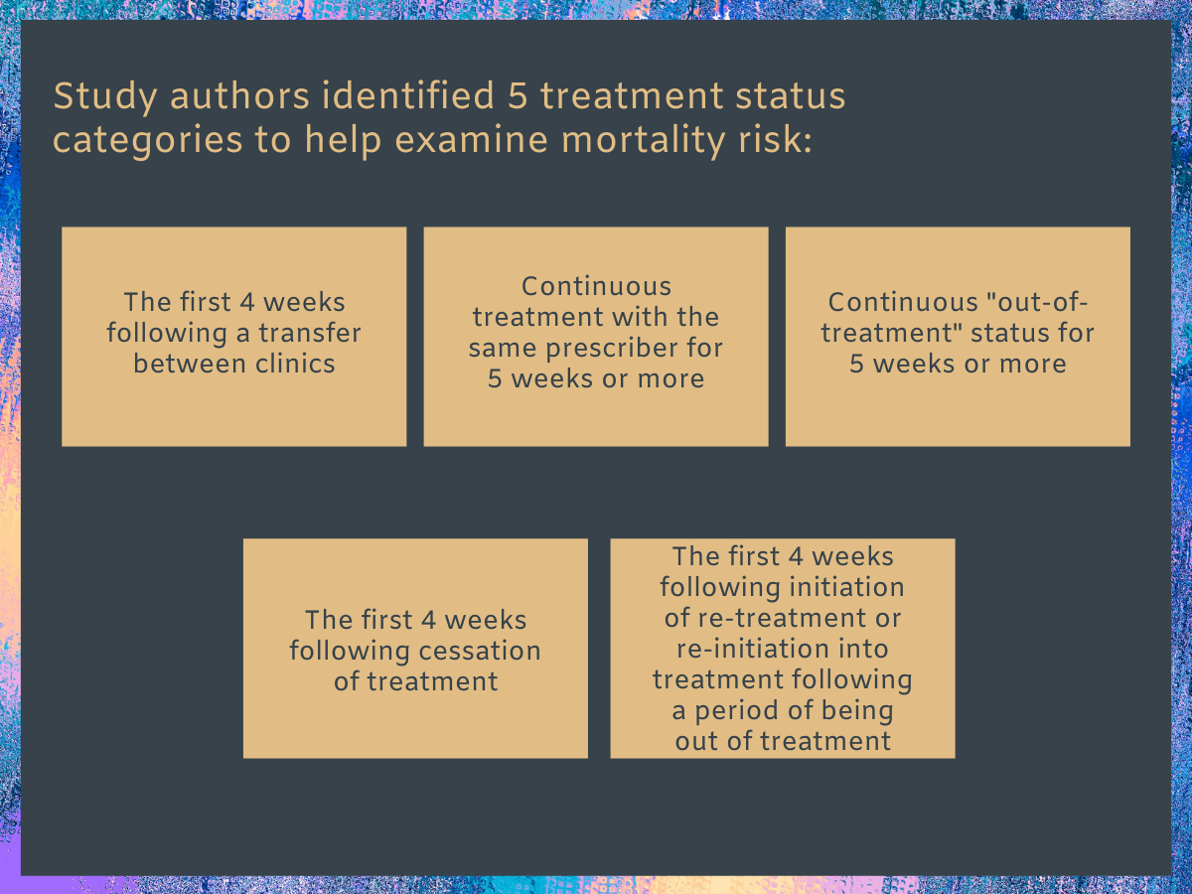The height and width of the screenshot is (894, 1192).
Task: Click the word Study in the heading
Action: point(105,97)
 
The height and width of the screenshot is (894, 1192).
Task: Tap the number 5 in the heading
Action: point(519,95)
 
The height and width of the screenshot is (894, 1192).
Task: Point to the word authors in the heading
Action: point(239,95)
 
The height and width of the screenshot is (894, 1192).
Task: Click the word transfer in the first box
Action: point(310,333)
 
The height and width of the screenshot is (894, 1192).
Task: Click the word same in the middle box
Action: point(503,349)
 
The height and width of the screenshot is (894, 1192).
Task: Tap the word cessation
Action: point(476,651)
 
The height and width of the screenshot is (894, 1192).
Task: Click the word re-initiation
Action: point(752,649)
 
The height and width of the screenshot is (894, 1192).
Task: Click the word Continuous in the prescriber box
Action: point(596,287)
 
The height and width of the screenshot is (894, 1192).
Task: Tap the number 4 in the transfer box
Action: point(247,302)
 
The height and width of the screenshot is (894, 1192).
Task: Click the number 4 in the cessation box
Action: point(428,621)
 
